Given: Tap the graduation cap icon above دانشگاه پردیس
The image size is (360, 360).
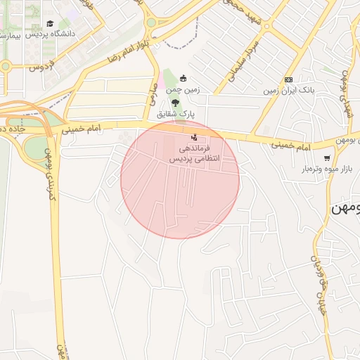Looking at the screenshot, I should coord(50,23).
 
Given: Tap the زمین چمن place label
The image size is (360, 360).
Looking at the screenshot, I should coord(183,90).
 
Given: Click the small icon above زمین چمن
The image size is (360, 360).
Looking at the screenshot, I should coord(184,78).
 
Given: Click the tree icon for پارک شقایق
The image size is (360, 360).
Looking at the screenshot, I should coord(175,102).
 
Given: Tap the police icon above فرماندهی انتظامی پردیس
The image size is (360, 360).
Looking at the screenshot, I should coord(194,136).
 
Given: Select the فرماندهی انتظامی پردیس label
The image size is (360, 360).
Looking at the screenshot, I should coord(194,154).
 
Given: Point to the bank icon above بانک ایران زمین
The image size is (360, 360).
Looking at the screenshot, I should coord(288,79).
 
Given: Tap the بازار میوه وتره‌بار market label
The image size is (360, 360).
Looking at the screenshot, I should coord(326,169).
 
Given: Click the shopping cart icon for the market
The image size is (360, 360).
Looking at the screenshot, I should coord(327,157).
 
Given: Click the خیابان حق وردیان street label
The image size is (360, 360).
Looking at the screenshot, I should coord(320,288).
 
